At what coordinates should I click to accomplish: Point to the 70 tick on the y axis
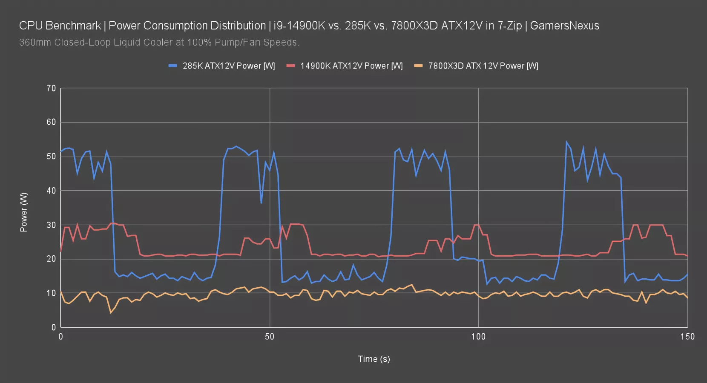click(x=51, y=89)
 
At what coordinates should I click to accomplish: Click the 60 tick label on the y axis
click(x=51, y=122)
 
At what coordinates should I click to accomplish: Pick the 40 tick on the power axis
click(x=51, y=191)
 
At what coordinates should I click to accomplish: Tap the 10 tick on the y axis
click(x=51, y=293)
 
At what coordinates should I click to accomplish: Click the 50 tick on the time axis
click(x=270, y=337)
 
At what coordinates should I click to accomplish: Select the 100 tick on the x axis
click(x=478, y=337)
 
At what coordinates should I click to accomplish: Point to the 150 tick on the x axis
click(x=687, y=337)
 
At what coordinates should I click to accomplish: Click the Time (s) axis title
click(x=374, y=359)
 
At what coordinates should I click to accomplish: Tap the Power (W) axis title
click(x=24, y=212)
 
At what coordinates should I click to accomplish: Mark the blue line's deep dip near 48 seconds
click(x=261, y=203)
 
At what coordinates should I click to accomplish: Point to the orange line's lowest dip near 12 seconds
click(x=111, y=313)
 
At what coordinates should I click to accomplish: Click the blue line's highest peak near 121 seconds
click(x=566, y=142)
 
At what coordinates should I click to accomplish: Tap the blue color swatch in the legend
click(x=172, y=66)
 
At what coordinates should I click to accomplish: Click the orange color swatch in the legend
click(x=418, y=66)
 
